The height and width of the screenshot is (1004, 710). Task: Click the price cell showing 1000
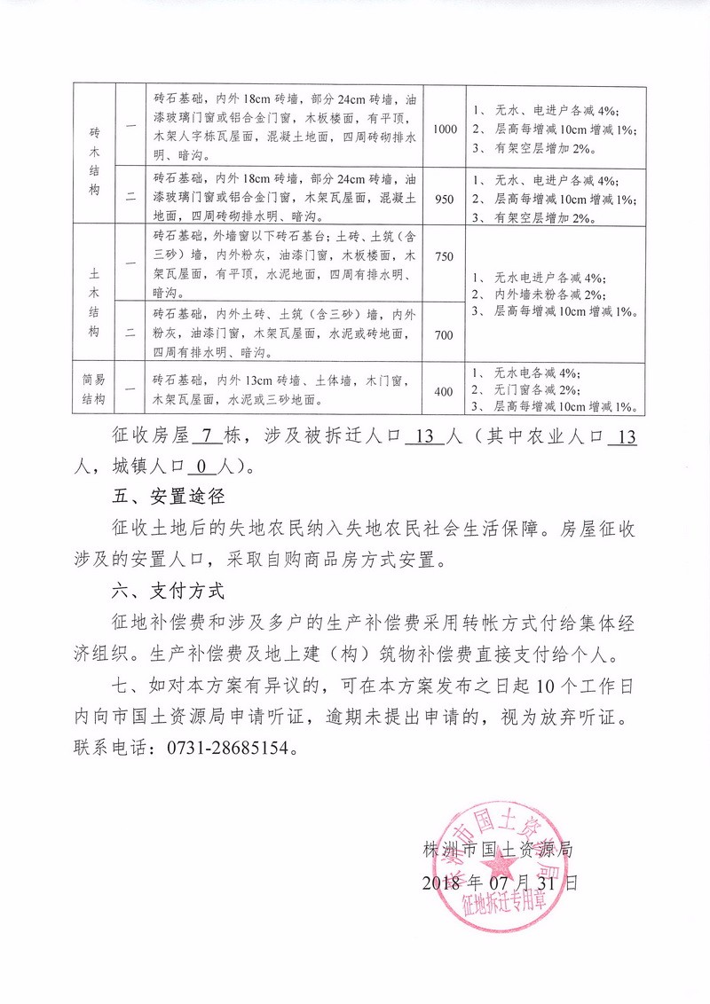coord(445,129)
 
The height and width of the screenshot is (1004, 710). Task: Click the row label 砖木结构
coord(94,162)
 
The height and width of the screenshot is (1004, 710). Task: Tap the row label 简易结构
coord(94,391)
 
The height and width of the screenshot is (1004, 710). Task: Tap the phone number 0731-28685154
coord(228,748)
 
